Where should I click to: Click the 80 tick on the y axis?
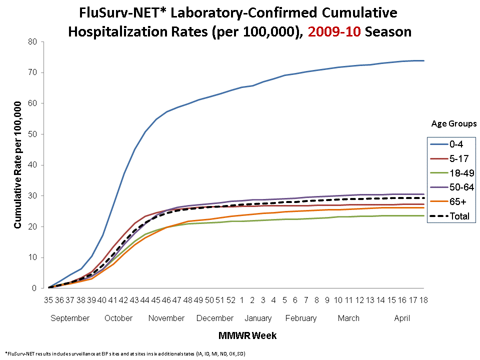pos(33,42)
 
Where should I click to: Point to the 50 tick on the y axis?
pos(33,134)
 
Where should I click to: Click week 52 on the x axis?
pos(231,300)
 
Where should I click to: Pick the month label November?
pos(167,318)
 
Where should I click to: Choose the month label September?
pos(70,318)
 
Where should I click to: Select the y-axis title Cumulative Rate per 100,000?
pos(18,165)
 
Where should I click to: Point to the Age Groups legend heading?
pos(454,123)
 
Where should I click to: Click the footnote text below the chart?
pos(125,353)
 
